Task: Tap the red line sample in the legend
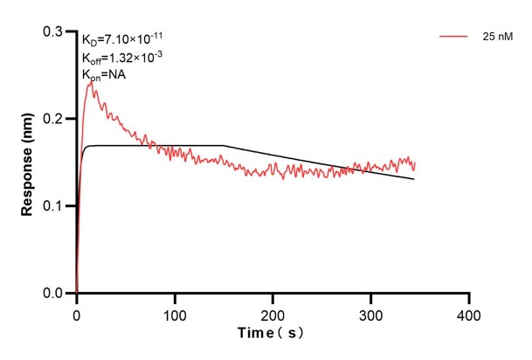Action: [x=455, y=38]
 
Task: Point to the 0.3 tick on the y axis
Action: [x=59, y=31]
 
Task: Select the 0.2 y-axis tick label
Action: [x=59, y=119]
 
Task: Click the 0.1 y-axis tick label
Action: [x=59, y=206]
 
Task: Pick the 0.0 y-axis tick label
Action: [x=59, y=294]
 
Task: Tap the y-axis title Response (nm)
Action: [x=28, y=163]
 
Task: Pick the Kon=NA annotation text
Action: [x=104, y=75]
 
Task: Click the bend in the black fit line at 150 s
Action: [x=225, y=145]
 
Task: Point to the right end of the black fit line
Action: [x=414, y=179]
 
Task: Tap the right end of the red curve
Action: [x=414, y=164]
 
